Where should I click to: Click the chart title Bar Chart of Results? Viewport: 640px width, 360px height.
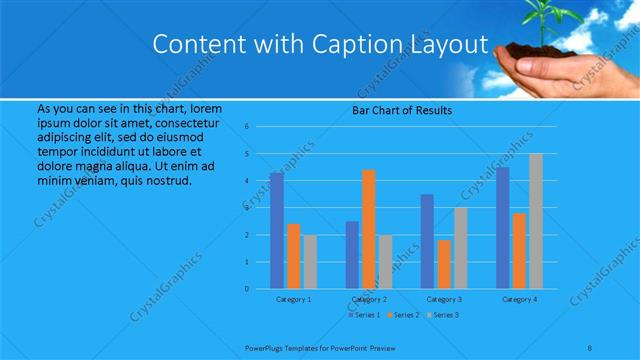(x=402, y=110)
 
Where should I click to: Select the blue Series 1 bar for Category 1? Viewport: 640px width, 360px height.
(x=277, y=231)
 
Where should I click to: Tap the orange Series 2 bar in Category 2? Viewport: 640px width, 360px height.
(x=369, y=229)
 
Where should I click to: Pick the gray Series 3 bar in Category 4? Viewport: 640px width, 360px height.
(x=536, y=221)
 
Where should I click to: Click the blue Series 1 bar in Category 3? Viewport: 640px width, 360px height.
(x=427, y=241)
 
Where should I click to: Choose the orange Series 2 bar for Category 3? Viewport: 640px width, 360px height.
(x=444, y=264)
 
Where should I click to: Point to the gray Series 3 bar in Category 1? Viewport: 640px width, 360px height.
(x=310, y=261)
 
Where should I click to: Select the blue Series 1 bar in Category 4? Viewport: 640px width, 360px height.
(x=503, y=228)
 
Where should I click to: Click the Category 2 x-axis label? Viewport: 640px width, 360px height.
(x=369, y=299)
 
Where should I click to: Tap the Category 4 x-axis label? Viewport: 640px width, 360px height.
(x=519, y=299)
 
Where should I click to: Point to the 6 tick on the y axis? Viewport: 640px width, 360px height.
(x=261, y=127)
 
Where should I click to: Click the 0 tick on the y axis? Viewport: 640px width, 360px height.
(x=261, y=288)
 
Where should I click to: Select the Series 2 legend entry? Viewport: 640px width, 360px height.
(x=404, y=315)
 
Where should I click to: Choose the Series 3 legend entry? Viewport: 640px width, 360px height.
(x=444, y=315)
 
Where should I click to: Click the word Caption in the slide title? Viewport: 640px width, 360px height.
(x=370, y=45)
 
